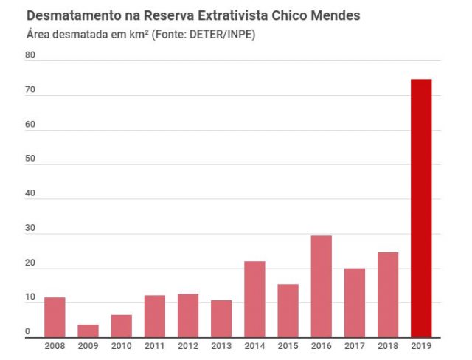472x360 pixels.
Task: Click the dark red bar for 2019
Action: [x=421, y=207]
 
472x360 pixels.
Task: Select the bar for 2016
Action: [x=321, y=285]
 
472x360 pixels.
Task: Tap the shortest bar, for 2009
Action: [x=88, y=330]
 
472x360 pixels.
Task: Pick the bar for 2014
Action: [x=254, y=299]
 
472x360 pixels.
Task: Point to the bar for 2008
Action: [x=55, y=316]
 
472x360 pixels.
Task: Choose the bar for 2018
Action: [x=387, y=294]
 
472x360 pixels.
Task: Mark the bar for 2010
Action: [x=122, y=325]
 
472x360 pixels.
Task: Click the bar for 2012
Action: [x=188, y=315]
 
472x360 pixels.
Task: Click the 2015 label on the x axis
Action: [x=288, y=345]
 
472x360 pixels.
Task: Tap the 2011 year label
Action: [x=155, y=345]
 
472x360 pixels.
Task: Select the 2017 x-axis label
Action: [x=354, y=345]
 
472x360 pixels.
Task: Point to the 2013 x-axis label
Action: [x=221, y=345]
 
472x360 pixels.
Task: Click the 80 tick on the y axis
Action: [x=30, y=55]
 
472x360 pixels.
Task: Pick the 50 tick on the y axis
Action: [x=30, y=159]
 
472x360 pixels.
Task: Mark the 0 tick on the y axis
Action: [x=27, y=332]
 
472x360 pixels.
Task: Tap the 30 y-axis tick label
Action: [x=30, y=228]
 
